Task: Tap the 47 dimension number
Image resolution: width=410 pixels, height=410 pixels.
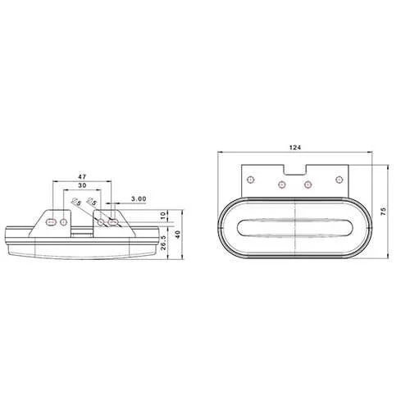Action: coord(83,176)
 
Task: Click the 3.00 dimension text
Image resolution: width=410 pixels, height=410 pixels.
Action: coord(138,198)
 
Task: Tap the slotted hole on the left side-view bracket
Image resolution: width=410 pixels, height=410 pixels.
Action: coord(52,221)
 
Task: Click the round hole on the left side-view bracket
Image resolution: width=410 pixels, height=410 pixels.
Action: coord(66,221)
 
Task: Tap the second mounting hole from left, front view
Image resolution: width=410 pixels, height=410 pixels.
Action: coord(280,184)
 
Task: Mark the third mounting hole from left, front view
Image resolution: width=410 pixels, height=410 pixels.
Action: coord(308,184)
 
